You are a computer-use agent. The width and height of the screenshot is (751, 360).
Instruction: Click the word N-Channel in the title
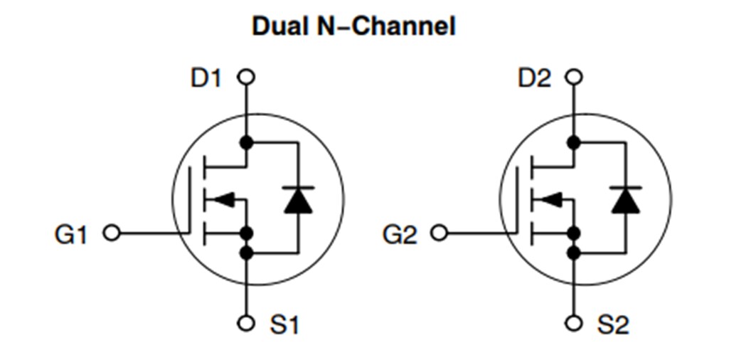[x=387, y=26]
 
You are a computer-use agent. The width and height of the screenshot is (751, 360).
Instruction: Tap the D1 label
[x=206, y=78]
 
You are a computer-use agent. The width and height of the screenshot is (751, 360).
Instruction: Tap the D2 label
[x=534, y=78]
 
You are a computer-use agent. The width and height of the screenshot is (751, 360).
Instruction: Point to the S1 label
[x=284, y=325]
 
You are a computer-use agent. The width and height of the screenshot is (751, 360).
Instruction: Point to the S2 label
[x=613, y=325]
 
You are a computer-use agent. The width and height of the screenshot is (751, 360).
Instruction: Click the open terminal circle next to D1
[x=246, y=77]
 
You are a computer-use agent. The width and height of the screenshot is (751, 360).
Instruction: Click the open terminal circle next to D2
[x=574, y=77]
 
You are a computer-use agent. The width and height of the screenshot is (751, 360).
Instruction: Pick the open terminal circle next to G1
[x=112, y=233]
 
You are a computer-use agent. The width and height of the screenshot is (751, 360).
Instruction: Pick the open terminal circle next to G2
[x=440, y=233]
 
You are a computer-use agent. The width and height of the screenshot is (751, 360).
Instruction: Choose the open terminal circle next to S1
[x=246, y=324]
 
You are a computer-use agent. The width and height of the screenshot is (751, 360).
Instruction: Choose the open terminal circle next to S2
[x=574, y=324]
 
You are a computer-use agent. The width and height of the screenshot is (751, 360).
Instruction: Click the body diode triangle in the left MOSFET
[x=298, y=201]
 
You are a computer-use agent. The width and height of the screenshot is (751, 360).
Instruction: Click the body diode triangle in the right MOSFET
[x=626, y=201]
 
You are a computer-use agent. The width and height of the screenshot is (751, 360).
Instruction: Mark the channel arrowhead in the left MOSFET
[x=223, y=200]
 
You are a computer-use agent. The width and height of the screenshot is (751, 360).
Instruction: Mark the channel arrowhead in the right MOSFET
[x=551, y=200]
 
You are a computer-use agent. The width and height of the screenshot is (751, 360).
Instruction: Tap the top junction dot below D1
[x=246, y=142]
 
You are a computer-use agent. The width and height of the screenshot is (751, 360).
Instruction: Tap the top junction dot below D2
[x=574, y=142]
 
